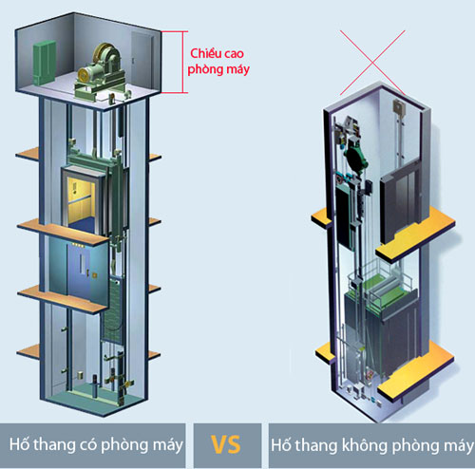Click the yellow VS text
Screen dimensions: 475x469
click(x=226, y=444)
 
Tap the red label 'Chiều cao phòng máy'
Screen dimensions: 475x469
click(x=218, y=62)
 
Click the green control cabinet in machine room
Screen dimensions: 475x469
click(x=45, y=63)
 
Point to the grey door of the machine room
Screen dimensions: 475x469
click(x=142, y=60)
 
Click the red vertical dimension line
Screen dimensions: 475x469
click(x=183, y=62)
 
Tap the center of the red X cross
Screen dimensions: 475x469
click(x=372, y=63)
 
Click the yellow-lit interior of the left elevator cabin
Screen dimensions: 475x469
click(x=81, y=198)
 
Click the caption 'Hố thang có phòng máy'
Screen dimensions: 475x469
click(x=96, y=444)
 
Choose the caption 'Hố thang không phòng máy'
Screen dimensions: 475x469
click(x=372, y=445)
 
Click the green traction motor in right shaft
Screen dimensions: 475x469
click(x=356, y=157)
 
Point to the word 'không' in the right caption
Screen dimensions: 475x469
click(x=365, y=445)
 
